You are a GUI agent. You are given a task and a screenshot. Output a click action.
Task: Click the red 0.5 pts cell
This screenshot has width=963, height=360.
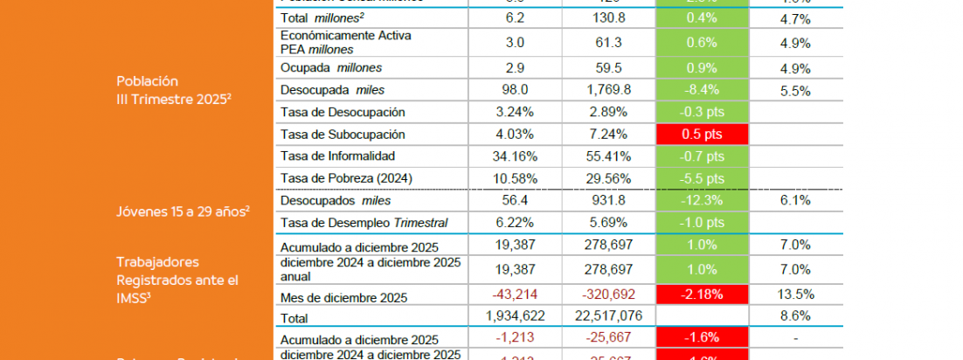[703, 134]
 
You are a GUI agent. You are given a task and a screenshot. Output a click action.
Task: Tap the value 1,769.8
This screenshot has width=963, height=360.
[609, 89]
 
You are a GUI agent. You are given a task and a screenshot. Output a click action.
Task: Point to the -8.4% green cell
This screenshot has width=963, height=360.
[703, 89]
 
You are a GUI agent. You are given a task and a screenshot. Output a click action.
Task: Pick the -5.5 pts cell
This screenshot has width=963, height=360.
[703, 178]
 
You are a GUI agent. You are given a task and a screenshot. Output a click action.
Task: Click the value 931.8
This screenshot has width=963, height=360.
[609, 201]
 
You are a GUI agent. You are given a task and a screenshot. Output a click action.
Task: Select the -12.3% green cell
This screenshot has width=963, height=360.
[703, 201]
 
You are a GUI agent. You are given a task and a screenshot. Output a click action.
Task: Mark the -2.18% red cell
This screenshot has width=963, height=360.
[703, 294]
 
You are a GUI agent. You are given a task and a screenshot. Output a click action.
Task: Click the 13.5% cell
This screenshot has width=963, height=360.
[795, 294]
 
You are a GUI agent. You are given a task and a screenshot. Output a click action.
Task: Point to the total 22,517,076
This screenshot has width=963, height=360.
[609, 315]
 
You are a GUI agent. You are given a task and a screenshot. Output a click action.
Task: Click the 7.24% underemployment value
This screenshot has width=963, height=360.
[609, 134]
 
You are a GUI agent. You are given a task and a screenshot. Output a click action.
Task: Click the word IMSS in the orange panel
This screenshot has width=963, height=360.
[134, 300]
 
